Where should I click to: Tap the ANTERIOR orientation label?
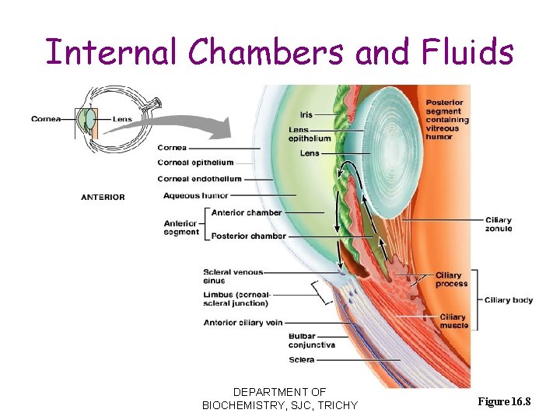[103, 197]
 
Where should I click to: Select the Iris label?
[306, 114]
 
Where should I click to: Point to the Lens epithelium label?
[309, 134]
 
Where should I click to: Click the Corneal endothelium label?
[199, 179]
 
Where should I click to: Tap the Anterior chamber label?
[246, 212]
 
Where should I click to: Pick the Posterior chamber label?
[248, 236]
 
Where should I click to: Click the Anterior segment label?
[180, 228]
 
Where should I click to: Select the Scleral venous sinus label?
[233, 276]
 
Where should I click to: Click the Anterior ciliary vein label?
[243, 322]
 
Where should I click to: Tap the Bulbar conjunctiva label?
[311, 341]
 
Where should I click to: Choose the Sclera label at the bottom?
[301, 360]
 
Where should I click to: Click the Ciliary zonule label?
[498, 225]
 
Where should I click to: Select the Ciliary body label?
[508, 300]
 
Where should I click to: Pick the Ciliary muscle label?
[453, 321]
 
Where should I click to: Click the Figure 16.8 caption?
[504, 401]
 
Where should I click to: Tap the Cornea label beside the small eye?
[44, 119]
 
